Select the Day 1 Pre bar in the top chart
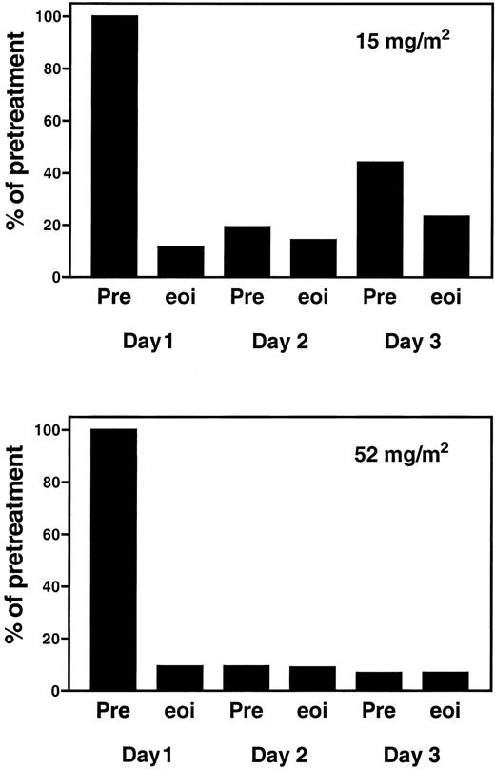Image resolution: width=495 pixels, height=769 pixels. point(114,147)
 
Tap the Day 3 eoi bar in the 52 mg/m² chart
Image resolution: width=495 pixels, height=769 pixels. point(446,680)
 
